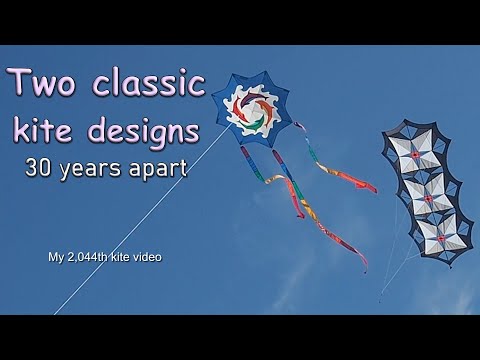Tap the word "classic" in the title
click(x=150, y=83)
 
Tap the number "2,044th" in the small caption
click(x=98, y=258)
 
